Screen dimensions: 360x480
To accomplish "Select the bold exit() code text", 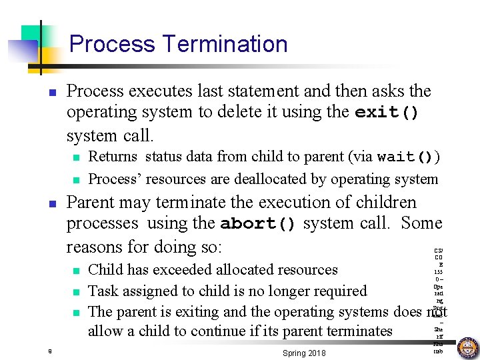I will pos(387,113).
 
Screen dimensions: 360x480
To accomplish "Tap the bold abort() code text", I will pos(257,225).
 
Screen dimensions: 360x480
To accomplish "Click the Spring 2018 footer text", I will pos(304,353).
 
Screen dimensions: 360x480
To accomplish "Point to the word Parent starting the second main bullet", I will pos(92,203).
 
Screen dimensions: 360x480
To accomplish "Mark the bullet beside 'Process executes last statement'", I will pos(53,92).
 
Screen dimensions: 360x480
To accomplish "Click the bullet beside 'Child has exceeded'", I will pos(77,271).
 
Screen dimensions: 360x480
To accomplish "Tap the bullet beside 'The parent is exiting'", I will pos(77,313).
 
